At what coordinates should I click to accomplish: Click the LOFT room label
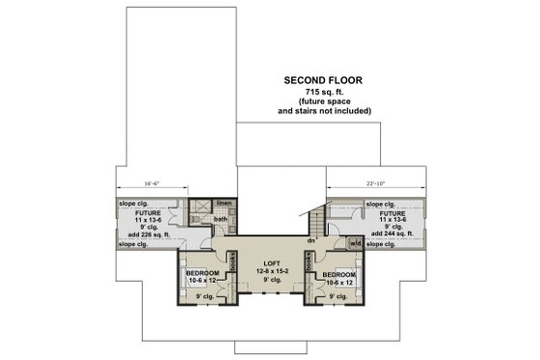tap(269, 263)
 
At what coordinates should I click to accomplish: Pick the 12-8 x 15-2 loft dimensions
tap(269, 271)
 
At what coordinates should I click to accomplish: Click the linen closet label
tap(224, 204)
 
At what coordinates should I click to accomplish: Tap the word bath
tap(220, 219)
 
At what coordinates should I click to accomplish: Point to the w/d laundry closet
tap(356, 243)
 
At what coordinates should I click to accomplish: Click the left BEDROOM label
tap(202, 275)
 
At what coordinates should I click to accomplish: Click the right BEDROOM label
tap(338, 275)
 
